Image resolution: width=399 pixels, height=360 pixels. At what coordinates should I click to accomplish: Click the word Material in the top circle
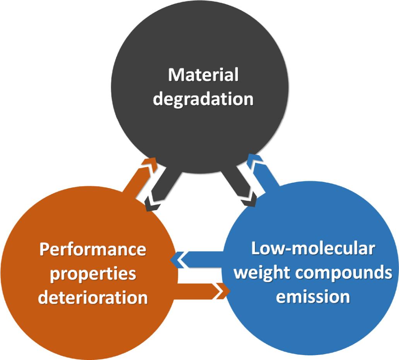tap(203, 75)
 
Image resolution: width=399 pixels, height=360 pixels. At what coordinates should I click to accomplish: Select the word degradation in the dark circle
tap(203, 99)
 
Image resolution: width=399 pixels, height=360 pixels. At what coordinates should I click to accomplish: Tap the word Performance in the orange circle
tap(93, 250)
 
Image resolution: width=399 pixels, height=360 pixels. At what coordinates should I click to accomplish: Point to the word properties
tap(93, 274)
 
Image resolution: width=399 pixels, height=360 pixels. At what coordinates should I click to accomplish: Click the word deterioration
tap(93, 298)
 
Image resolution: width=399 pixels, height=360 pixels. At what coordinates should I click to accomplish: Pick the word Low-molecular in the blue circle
tap(313, 249)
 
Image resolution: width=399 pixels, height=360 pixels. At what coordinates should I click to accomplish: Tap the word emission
tap(313, 297)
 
